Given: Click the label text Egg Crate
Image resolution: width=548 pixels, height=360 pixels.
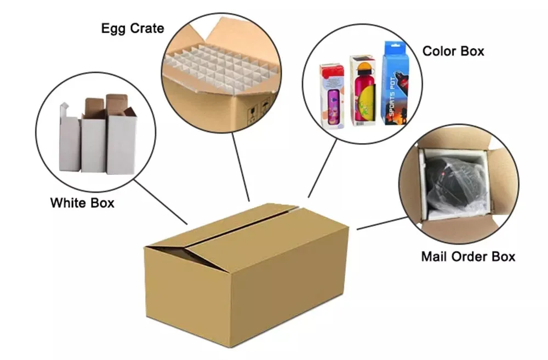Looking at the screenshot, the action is click(x=133, y=28).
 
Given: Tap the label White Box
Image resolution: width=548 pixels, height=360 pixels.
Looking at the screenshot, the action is click(x=82, y=203).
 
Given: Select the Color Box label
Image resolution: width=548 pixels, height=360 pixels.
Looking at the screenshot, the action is click(x=453, y=51).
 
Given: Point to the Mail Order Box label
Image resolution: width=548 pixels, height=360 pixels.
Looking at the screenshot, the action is click(x=468, y=256).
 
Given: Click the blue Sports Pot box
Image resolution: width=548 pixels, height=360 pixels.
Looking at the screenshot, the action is click(x=395, y=83).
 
